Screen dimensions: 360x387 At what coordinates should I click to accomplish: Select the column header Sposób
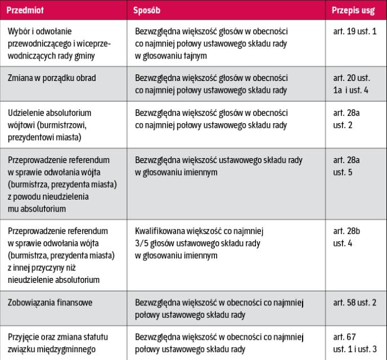(x=148, y=11)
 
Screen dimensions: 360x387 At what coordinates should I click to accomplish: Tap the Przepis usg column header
(x=352, y=11)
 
